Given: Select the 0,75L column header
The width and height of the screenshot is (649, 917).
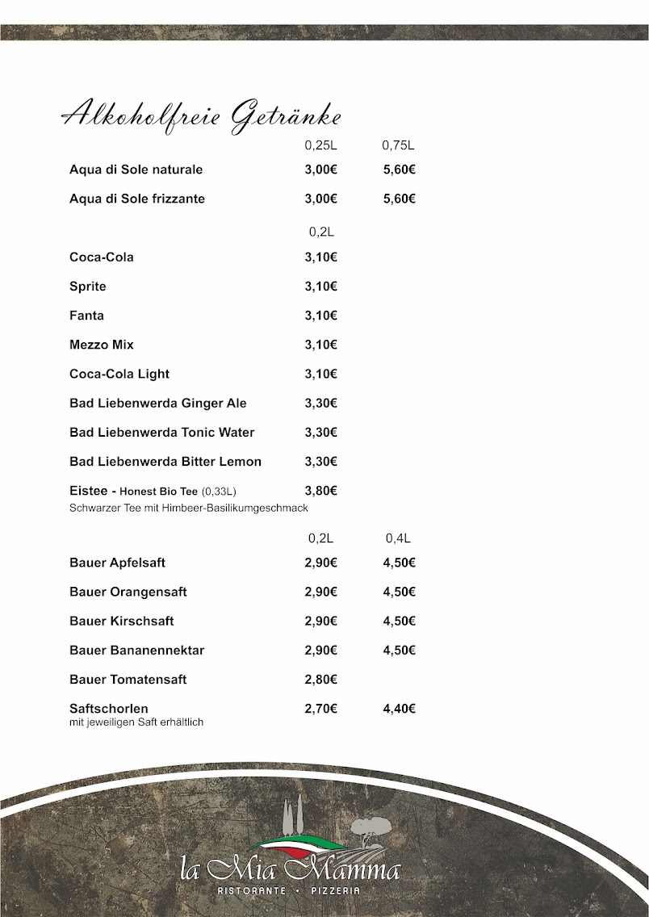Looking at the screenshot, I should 398,146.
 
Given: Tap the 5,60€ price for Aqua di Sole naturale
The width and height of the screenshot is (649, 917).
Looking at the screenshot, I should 400,170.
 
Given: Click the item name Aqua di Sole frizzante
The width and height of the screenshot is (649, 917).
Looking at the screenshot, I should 137,199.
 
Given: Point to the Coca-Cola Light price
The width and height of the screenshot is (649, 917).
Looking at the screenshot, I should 321,374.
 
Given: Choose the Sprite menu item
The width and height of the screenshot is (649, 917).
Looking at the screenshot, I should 88,287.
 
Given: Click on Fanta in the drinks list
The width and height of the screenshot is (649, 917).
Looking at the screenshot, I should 86,316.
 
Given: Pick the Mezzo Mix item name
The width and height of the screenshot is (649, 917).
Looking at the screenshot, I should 102,345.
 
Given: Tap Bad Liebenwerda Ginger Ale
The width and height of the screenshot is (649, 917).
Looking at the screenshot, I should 158,403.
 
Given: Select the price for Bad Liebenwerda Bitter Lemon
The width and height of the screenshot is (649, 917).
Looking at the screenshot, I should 321,462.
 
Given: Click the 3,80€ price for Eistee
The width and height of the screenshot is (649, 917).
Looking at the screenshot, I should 321,490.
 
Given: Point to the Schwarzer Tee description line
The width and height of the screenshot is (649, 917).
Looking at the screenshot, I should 189,508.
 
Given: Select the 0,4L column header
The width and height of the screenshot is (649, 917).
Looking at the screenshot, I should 398,538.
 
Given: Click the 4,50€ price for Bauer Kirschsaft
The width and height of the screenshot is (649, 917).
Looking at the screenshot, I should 400,621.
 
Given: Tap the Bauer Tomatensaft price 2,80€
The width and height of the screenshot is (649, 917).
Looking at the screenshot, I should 321,680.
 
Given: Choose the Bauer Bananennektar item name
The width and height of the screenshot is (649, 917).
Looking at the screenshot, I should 137,651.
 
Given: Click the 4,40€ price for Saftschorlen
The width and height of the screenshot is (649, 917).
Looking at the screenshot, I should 400,709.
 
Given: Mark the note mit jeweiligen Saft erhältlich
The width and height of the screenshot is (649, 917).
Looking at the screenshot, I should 136,722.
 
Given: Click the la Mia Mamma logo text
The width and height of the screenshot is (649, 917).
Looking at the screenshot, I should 290,870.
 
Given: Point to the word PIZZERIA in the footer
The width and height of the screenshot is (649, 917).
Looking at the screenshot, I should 334,890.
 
